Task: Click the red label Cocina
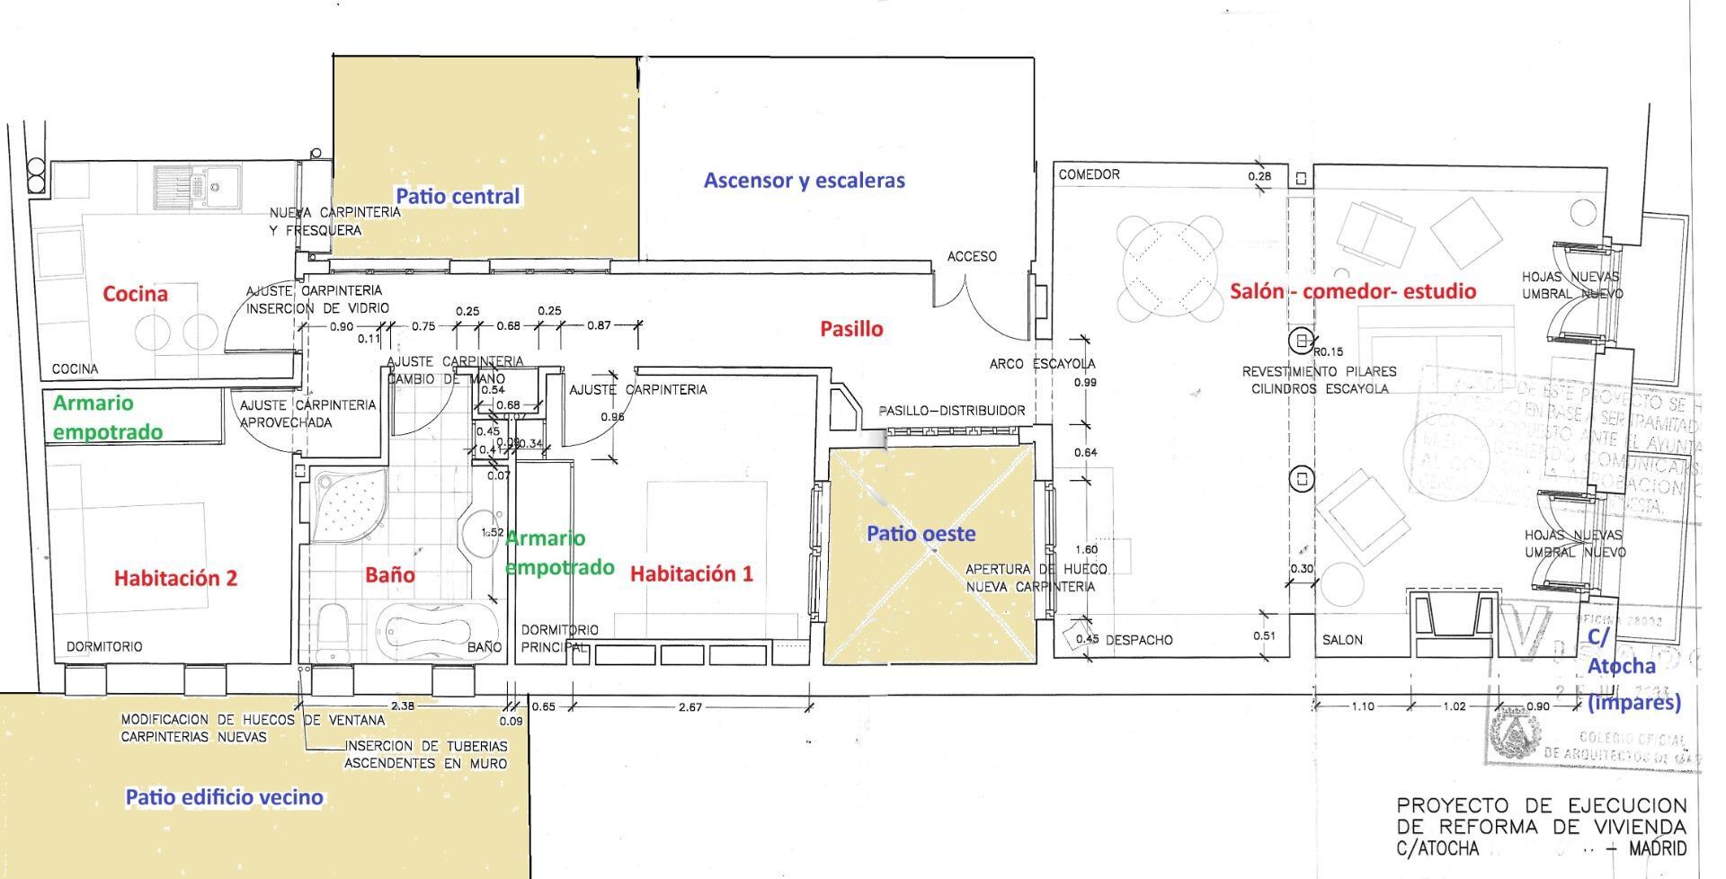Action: [135, 294]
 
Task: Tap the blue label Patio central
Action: [458, 196]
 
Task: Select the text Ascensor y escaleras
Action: [804, 180]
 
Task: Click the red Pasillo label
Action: [851, 329]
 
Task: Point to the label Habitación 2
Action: [175, 578]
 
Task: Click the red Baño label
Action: [389, 574]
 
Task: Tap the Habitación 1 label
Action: [691, 574]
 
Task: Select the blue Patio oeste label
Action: [921, 534]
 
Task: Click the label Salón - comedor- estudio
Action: [1352, 291]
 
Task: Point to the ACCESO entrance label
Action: [972, 257]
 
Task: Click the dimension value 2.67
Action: [690, 707]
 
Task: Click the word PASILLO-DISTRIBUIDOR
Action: [951, 411]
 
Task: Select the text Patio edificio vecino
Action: [224, 797]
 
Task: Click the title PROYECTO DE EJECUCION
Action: [1541, 805]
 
